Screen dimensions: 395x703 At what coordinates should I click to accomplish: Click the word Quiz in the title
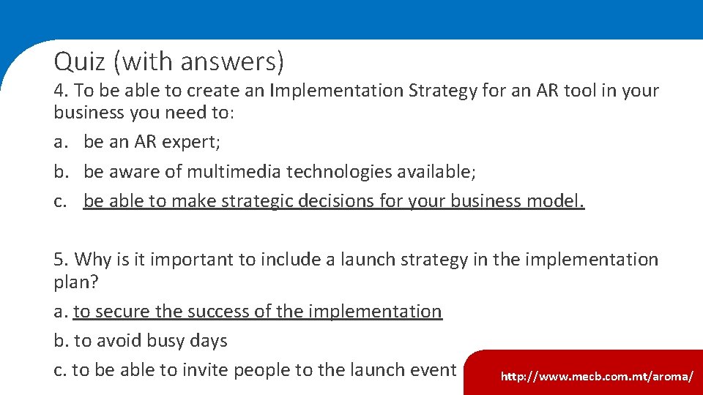(x=81, y=61)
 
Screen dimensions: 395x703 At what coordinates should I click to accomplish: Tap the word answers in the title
(x=234, y=61)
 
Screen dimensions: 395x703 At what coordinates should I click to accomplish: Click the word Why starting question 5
(x=92, y=260)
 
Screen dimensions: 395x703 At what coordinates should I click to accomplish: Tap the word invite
(x=219, y=370)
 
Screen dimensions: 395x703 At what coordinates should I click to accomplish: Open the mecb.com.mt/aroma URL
(x=597, y=377)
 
